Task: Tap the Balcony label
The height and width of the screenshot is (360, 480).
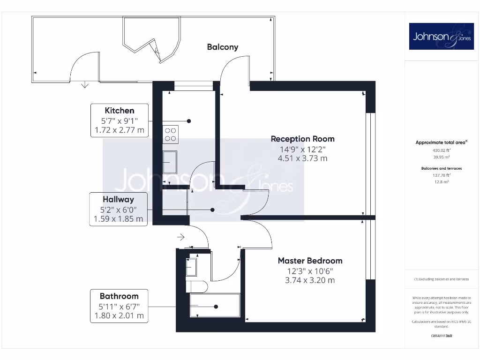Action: tap(223, 47)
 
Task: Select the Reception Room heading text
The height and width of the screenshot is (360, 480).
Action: tap(303, 139)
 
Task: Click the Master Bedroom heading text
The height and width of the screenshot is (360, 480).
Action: tap(310, 261)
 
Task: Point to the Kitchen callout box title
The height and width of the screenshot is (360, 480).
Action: tap(120, 111)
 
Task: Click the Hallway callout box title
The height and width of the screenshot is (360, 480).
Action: tap(119, 199)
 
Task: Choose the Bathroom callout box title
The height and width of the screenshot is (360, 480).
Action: tap(119, 296)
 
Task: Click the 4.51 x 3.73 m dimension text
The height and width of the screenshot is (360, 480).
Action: tap(303, 158)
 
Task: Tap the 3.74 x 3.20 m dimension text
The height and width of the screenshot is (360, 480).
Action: tap(310, 280)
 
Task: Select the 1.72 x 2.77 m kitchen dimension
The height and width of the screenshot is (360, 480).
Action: tap(120, 130)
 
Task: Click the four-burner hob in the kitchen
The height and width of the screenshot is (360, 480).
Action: tap(171, 135)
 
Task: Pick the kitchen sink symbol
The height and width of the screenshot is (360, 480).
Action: tap(170, 162)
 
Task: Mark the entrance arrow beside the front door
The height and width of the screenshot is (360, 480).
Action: tap(181, 238)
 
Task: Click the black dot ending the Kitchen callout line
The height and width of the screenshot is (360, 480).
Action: tap(189, 121)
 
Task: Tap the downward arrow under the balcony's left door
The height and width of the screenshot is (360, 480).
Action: tap(85, 85)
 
